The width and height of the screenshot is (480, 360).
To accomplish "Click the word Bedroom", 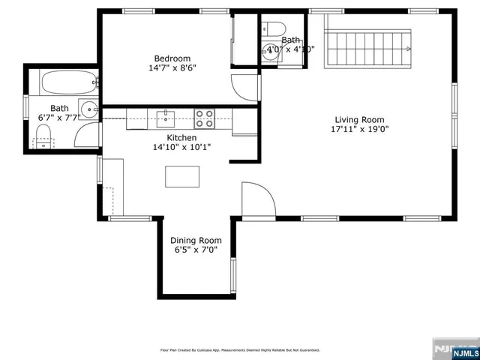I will click(x=172, y=58).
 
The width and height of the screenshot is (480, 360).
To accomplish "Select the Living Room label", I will click(x=359, y=119).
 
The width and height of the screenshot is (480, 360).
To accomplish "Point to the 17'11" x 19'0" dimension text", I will click(x=359, y=129).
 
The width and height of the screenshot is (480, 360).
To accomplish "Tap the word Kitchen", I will click(x=181, y=138).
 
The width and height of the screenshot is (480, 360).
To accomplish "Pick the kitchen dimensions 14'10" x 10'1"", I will click(x=181, y=148).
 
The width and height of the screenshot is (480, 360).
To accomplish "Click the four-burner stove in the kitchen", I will click(x=204, y=117).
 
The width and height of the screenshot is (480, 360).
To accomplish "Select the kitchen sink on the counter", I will click(x=166, y=117).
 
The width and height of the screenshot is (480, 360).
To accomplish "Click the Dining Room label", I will click(x=196, y=241).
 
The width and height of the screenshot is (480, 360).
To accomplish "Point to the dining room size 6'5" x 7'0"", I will click(x=196, y=250).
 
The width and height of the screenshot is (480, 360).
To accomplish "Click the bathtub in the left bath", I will click(x=68, y=81).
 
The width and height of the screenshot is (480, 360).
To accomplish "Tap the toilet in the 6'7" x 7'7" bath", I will click(x=43, y=137).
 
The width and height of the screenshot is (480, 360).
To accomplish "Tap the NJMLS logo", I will click(x=454, y=350).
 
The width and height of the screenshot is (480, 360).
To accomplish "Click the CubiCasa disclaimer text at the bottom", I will click(x=240, y=350).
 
